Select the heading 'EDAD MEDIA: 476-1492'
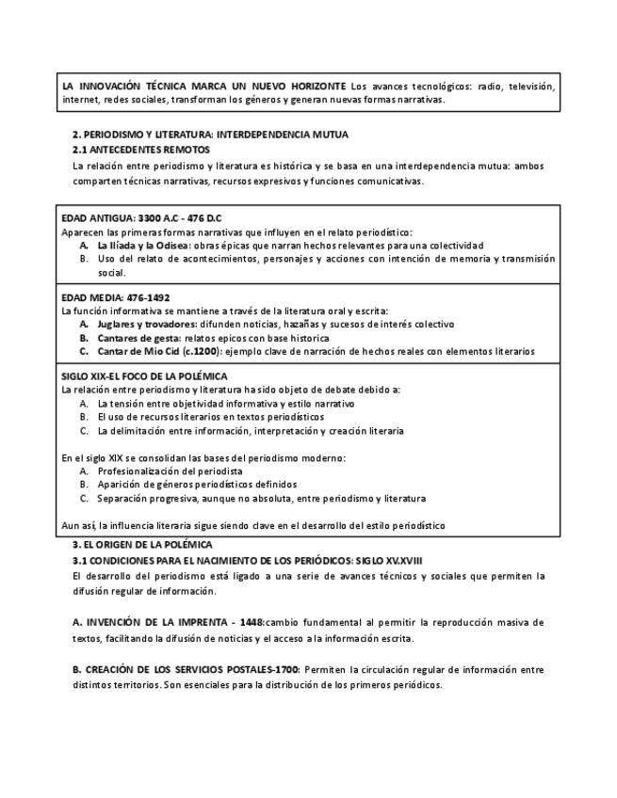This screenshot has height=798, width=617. (116, 297)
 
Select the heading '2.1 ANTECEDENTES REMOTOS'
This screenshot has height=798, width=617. (141, 150)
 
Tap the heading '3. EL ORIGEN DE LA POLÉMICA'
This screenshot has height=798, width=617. (142, 545)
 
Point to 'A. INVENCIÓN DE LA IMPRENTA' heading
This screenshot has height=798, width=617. (150, 623)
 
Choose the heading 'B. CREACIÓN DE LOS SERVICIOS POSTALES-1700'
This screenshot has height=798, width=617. (187, 669)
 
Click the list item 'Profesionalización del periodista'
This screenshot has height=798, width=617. (170, 471)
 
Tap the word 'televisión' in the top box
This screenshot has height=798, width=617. (532, 86)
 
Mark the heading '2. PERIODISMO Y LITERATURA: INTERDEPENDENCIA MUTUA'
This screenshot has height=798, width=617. (211, 136)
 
